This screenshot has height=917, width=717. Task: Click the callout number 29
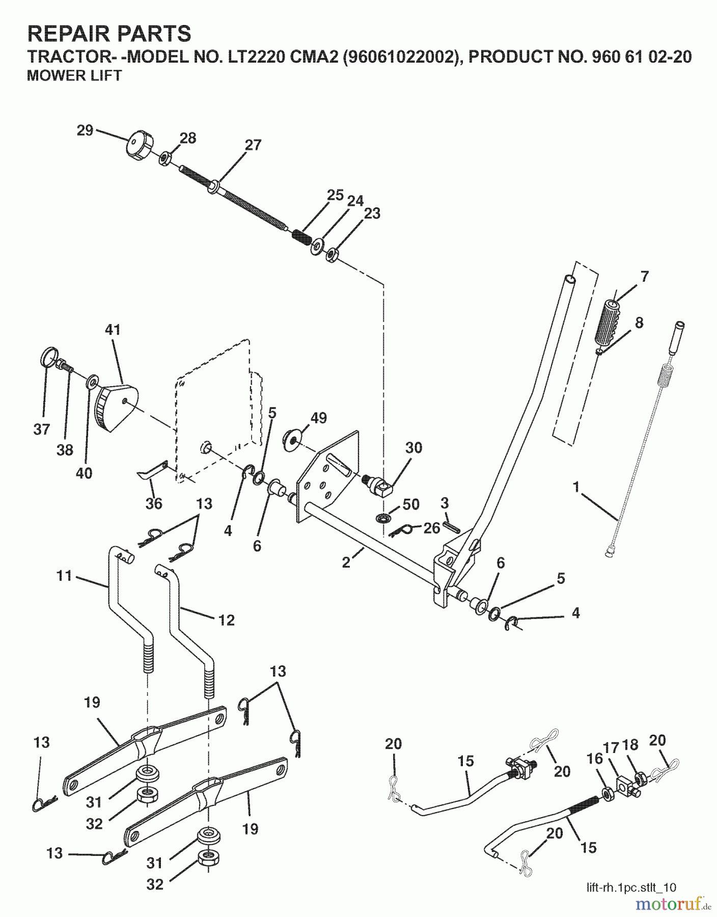[x=85, y=130]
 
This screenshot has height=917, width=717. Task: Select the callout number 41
[x=113, y=330]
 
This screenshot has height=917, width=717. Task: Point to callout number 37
[x=42, y=429]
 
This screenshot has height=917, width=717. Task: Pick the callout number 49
[x=318, y=418]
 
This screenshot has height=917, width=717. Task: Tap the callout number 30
[x=414, y=448]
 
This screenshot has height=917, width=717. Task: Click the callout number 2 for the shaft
[x=346, y=563]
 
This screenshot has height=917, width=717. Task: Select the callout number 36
[x=154, y=503]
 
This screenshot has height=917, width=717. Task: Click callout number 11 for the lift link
[x=65, y=576]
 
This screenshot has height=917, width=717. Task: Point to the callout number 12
[x=226, y=620]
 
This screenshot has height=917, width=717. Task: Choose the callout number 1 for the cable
[x=576, y=488]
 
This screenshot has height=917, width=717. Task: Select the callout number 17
[x=611, y=748]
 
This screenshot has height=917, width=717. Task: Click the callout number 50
[x=411, y=504]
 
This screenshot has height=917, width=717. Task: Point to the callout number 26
[x=432, y=528]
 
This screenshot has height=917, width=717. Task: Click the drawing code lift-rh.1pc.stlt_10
[x=630, y=887]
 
